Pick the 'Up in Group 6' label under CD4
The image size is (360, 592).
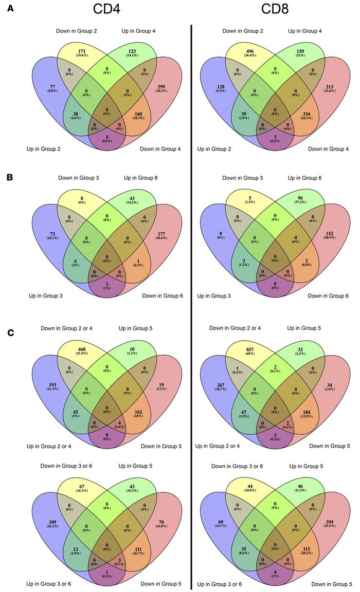click(x=139, y=178)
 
